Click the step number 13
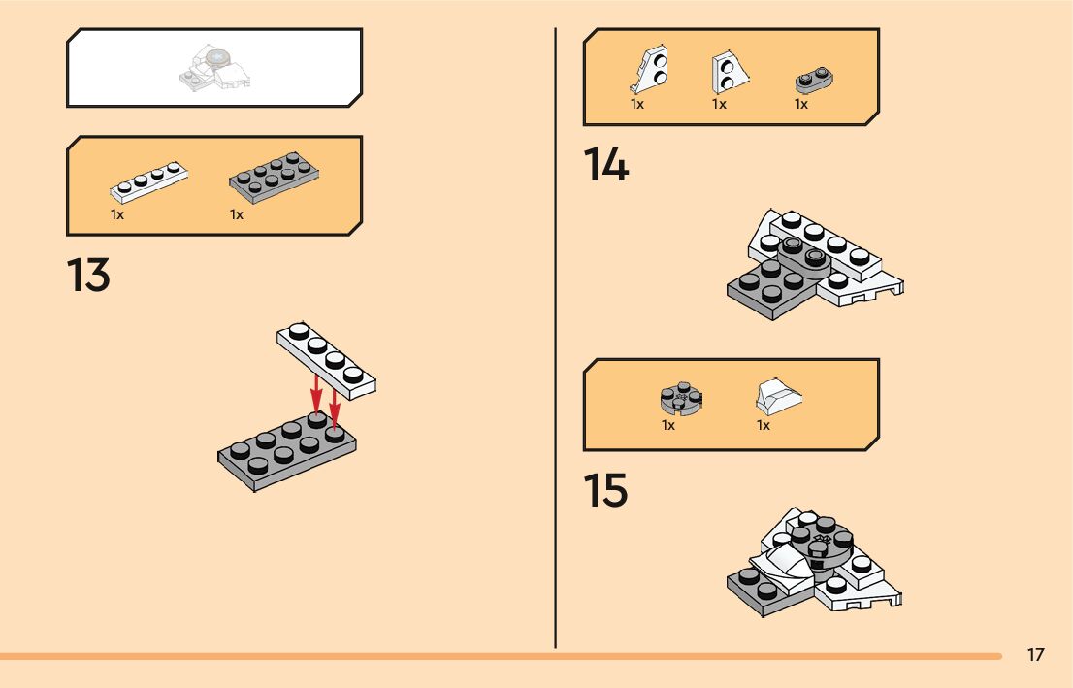click(x=88, y=277)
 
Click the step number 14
click(x=605, y=166)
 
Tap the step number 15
click(x=605, y=492)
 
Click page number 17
click(x=1035, y=655)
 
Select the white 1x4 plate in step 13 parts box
click(x=147, y=181)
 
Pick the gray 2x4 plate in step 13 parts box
click(x=276, y=178)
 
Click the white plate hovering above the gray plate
click(x=326, y=358)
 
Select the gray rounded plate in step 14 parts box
click(x=816, y=82)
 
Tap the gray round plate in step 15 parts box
click(x=681, y=400)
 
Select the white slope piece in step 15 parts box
click(x=778, y=397)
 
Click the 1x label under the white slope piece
click(x=764, y=426)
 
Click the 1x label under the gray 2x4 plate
click(x=237, y=214)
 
